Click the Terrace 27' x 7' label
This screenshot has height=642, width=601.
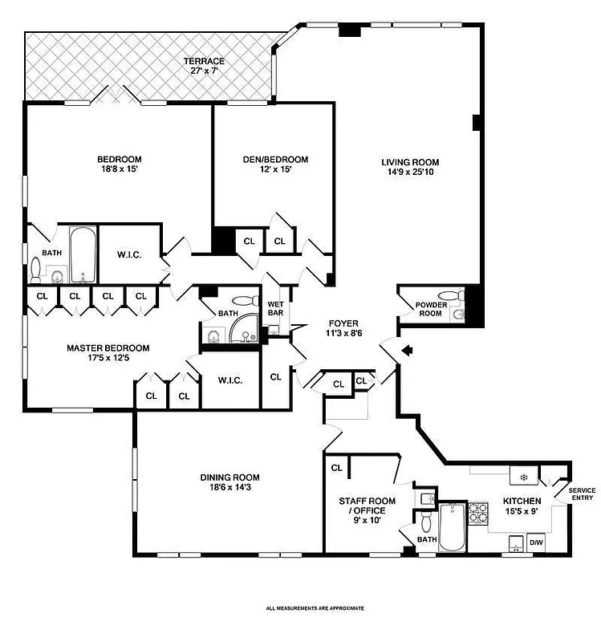[204, 66]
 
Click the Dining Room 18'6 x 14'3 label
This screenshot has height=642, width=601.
[229, 482]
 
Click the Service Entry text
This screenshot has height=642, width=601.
[582, 494]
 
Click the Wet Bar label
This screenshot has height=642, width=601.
[275, 308]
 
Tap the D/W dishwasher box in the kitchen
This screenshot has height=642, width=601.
[535, 544]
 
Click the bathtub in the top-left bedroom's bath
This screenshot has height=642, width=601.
[81, 254]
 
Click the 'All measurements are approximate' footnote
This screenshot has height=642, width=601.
[315, 608]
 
